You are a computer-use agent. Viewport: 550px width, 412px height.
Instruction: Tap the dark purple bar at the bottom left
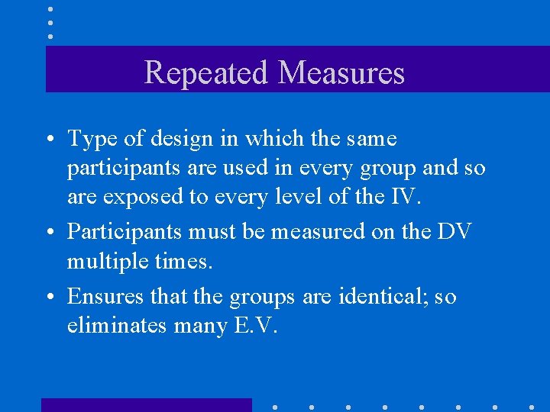pyautogui.click(x=146, y=405)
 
